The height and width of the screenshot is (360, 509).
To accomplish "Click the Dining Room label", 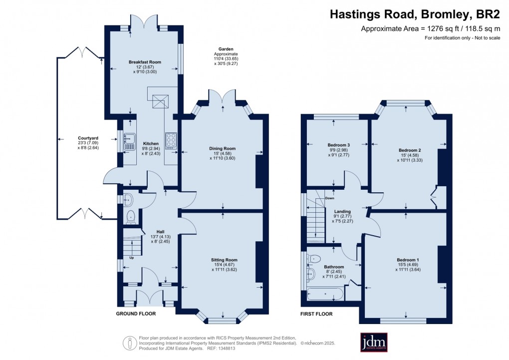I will (223, 148).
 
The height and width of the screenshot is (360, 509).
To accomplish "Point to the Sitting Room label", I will (224, 260).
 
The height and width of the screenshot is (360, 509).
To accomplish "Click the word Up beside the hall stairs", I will (132, 258).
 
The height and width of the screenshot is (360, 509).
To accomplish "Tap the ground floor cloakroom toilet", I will (131, 216).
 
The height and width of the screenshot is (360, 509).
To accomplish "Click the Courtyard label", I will (88, 138).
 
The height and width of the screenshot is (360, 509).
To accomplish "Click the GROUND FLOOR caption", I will (136, 314).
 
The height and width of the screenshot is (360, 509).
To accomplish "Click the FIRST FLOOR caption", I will (316, 314).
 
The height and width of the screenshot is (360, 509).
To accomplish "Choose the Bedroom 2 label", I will (410, 150).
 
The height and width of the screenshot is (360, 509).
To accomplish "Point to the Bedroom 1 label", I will (408, 260).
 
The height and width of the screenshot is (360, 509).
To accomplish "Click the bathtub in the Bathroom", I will (325, 294).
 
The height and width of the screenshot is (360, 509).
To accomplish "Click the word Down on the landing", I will (329, 198).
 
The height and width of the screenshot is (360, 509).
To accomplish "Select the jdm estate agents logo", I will (374, 343).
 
